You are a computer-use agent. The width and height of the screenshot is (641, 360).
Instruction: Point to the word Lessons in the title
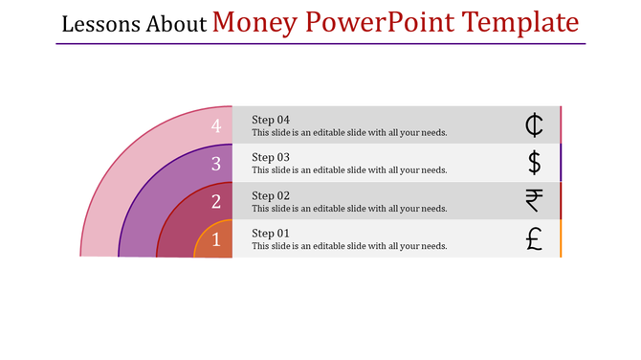(101, 24)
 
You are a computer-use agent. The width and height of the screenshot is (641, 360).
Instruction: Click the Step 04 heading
(271, 120)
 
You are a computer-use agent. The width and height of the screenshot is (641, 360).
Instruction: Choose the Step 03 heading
(271, 157)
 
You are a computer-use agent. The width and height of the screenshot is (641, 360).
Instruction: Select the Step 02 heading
(271, 195)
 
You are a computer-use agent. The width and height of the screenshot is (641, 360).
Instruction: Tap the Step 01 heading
(271, 234)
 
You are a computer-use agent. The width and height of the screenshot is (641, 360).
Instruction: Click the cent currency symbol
(534, 124)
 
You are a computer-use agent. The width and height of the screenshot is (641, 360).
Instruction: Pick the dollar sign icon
(534, 163)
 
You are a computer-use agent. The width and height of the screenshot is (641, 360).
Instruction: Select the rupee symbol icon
(534, 201)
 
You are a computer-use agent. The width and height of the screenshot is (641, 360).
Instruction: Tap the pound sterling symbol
(534, 239)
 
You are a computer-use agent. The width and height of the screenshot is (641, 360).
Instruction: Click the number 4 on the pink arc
(216, 125)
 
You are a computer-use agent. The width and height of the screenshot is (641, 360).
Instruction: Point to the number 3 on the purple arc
(216, 164)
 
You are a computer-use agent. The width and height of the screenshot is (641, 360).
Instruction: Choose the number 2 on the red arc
(216, 201)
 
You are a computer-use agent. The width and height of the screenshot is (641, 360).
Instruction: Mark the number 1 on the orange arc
(216, 239)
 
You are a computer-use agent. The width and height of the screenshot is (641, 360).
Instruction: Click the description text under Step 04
(349, 133)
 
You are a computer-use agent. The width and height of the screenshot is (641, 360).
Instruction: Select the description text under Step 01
(349, 246)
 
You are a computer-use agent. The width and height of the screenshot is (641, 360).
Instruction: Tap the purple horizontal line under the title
(320, 44)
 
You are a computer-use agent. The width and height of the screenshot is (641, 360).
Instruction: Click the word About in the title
(177, 24)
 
